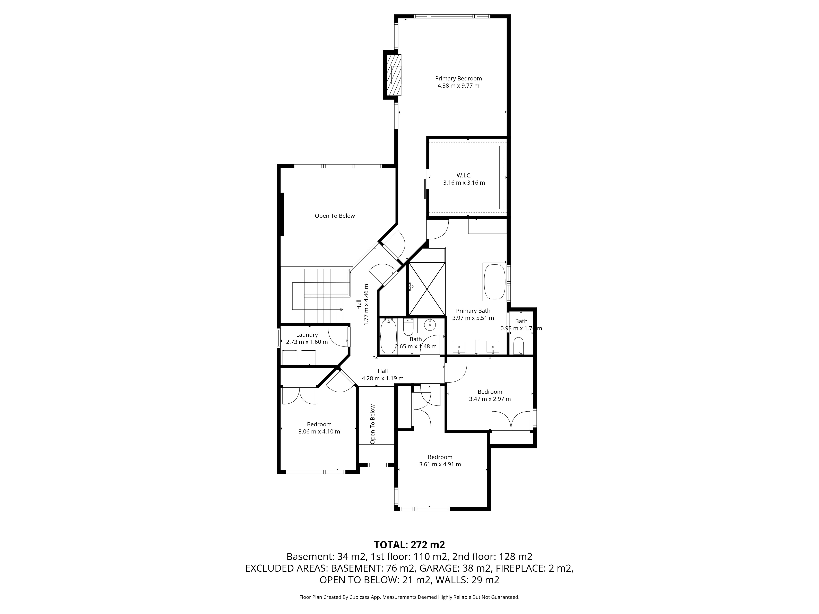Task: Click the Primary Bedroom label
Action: point(458,78)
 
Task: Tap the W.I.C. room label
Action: point(464,175)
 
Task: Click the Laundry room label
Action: point(307,335)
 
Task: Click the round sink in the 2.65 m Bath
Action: point(430,326)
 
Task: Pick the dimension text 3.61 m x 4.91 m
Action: point(440,464)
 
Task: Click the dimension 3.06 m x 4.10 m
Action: point(319,431)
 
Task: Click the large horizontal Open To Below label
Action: point(335,216)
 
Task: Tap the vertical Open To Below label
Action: point(372,424)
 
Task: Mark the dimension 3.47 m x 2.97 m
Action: point(490,399)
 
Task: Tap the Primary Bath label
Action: point(473,311)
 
